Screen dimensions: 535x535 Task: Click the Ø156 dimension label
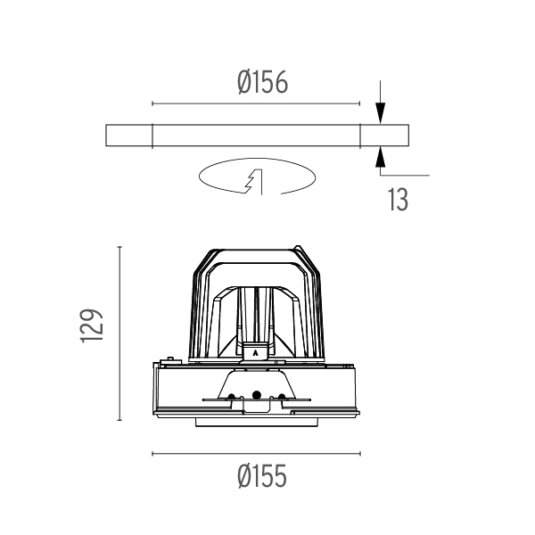click(x=262, y=82)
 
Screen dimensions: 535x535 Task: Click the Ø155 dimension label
click(x=262, y=476)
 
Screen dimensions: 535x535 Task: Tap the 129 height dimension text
click(x=91, y=325)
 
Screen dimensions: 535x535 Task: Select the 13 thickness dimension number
click(x=398, y=200)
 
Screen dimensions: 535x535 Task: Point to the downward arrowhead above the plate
click(x=381, y=112)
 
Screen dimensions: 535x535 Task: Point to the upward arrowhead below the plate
click(x=381, y=157)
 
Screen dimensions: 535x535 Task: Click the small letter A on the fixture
click(x=255, y=353)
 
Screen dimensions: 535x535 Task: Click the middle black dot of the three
click(x=256, y=395)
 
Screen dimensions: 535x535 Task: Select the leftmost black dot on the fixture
click(x=231, y=397)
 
